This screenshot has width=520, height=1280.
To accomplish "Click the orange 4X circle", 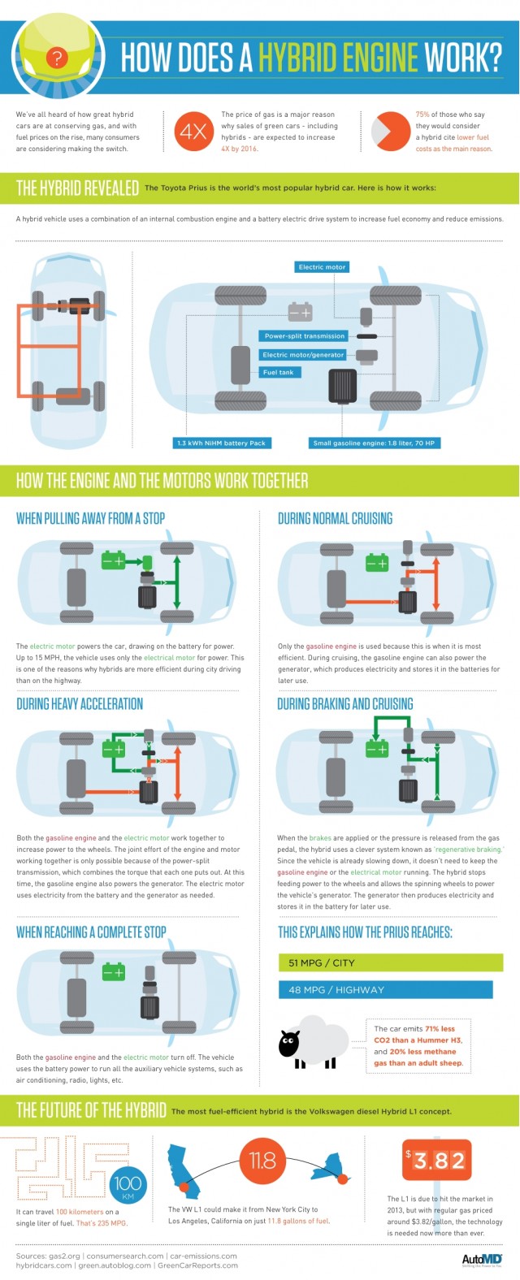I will tap(193, 131).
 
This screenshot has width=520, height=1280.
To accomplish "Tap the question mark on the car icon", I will tap(56, 57).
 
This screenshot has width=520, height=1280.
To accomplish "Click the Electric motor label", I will tap(322, 266).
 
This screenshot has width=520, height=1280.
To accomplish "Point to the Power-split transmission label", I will tap(305, 335).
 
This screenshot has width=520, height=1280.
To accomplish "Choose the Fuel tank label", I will tap(278, 372).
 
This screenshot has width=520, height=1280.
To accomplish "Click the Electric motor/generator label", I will tap(303, 354).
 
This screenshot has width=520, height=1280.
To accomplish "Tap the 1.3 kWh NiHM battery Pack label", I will tap(222, 443).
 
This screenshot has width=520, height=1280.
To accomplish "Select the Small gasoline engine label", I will tap(374, 443).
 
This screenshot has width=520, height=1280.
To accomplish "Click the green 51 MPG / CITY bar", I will tap(390, 962).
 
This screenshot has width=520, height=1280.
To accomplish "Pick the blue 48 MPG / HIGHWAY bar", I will tap(385, 989).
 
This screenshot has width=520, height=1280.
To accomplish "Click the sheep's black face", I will tap(288, 1044).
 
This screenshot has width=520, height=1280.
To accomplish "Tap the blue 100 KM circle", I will tap(128, 1185).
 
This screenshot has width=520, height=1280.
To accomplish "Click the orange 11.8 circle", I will tap(262, 1160).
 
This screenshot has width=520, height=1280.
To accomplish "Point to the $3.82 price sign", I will tap(435, 1161).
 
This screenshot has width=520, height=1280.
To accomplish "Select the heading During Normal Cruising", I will tap(335, 518).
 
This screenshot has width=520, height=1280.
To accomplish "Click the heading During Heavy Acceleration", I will tap(80, 703).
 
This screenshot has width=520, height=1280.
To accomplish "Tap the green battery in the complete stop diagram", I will tap(113, 971).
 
